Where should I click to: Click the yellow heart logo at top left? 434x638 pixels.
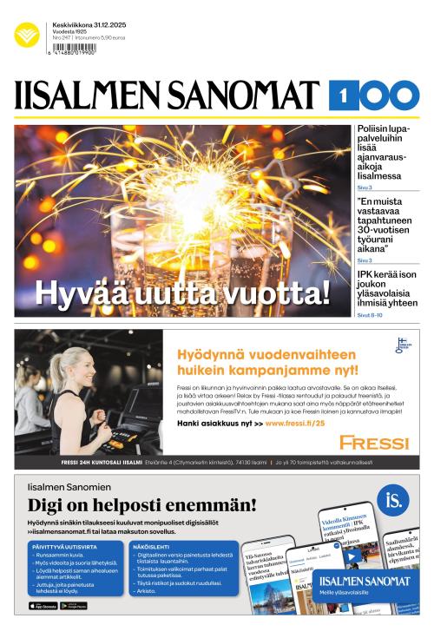(27, 36)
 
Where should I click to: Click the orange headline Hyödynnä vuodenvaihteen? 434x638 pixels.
(266, 362)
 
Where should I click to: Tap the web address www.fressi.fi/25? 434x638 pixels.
(294, 423)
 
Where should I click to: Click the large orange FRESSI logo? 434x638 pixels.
(373, 443)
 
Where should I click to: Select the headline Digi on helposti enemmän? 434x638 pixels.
(142, 505)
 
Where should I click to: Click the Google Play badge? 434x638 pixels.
(74, 606)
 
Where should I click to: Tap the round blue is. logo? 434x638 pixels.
(394, 500)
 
